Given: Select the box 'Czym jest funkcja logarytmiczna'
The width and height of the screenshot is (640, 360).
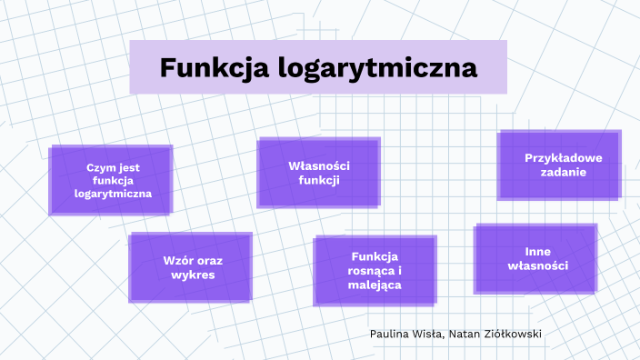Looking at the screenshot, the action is pos(112,180).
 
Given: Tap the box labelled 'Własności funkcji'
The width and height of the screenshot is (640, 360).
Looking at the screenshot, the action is pos(318,173).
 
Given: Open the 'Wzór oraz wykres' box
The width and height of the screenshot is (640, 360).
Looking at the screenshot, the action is pos(191,266).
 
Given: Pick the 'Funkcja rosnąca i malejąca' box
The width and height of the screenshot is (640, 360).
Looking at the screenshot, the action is pos(375,270).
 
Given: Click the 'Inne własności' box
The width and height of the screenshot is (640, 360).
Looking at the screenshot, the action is pos(536,258).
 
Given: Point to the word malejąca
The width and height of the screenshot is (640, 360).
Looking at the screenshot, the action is pos(375,285).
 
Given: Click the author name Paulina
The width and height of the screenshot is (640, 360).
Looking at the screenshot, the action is pos(391,334).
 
